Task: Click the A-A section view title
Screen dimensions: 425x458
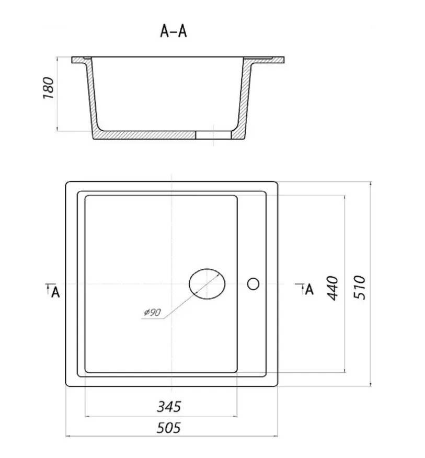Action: click(173, 31)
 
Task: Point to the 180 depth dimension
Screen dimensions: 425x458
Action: click(49, 88)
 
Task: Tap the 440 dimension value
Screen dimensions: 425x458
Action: click(332, 288)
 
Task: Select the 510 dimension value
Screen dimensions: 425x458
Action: click(360, 287)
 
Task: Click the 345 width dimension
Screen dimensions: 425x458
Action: click(169, 407)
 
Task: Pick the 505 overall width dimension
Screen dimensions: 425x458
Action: click(168, 428)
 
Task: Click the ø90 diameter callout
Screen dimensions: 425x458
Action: click(153, 312)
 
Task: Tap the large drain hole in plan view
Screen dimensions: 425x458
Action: click(207, 284)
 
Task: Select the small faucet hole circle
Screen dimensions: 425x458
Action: click(253, 284)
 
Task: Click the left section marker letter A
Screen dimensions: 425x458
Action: click(55, 292)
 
